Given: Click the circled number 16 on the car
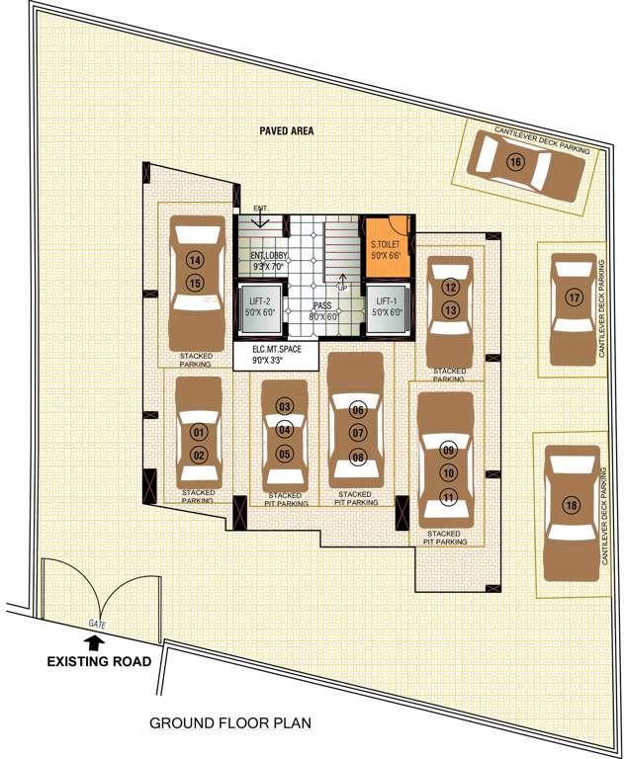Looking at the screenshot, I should tap(514, 162).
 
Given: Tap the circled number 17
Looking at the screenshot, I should tap(573, 296).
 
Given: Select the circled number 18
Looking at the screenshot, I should tap(571, 505).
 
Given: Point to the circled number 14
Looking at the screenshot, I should tap(195, 261).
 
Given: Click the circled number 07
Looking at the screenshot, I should tap(358, 433).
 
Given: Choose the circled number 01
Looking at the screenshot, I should tap(199, 432).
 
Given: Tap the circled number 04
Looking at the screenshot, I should tap(285, 429).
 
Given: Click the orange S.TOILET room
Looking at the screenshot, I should tap(386, 248).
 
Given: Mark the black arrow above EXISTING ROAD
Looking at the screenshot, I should tap(96, 643).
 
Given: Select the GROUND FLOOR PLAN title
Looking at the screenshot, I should tap(229, 722).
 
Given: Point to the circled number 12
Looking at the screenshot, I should tap(450, 288).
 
